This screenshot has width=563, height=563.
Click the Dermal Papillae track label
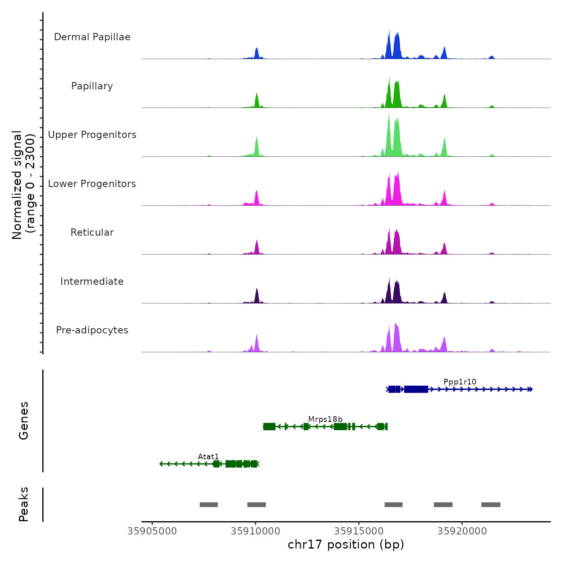point(92,37)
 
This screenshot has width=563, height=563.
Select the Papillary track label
point(92,86)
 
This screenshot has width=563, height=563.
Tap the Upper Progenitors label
point(92,135)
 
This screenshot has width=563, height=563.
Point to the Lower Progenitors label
point(92,184)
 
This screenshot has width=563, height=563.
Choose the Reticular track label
point(92,232)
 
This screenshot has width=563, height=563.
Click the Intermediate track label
point(92,281)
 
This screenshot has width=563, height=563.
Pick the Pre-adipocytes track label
point(92,330)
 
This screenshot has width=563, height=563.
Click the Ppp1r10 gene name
point(460,382)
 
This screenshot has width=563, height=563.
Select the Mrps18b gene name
point(325,419)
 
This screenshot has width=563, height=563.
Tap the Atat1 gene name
point(208,456)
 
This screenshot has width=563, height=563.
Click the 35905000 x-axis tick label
point(152,531)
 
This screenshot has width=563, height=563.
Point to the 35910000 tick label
point(255,531)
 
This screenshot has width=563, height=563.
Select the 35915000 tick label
point(359,531)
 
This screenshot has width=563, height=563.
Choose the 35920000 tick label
point(462,531)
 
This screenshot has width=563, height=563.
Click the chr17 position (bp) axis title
point(346,545)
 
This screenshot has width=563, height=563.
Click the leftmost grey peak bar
point(209,505)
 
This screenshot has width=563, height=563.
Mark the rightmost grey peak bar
point(491,505)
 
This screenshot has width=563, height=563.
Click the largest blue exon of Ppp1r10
point(416,389)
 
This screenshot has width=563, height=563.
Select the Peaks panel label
point(24,504)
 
